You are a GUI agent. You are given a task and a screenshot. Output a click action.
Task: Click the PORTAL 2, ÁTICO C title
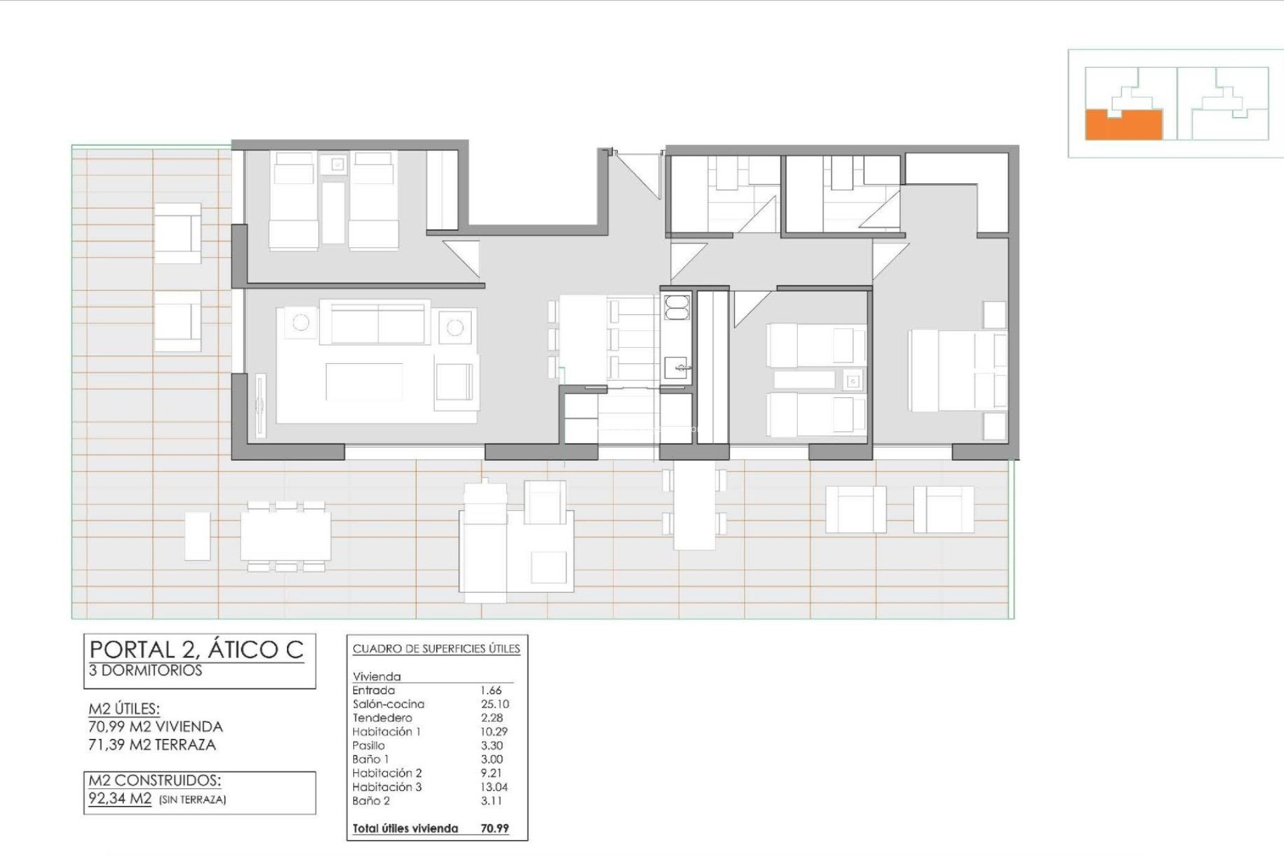point(196,649)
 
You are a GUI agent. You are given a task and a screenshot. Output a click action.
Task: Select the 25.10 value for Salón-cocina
point(494,704)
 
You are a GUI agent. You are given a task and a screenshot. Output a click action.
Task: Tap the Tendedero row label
point(382,718)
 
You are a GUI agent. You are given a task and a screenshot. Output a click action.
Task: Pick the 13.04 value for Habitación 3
point(494,787)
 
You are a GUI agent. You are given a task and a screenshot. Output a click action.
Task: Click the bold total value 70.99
point(494,829)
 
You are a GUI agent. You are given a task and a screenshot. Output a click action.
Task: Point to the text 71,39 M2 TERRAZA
point(152,745)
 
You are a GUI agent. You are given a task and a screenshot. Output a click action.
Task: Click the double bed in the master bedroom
point(956,370)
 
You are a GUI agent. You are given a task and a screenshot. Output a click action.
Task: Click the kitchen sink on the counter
point(677,366)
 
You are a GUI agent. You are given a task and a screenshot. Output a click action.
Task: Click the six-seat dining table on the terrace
point(286,536)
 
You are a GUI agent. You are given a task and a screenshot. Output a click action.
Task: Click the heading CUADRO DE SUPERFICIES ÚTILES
point(436,649)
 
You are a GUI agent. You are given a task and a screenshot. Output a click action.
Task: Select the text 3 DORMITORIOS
point(145,670)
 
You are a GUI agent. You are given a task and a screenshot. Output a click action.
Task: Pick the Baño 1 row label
point(370,759)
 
